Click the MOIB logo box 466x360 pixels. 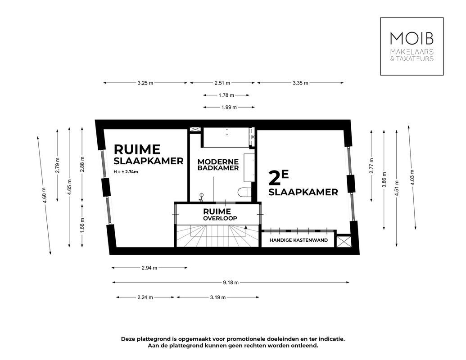click(x=412, y=46)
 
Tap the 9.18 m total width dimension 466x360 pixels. click(x=231, y=283)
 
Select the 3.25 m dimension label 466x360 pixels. click(x=145, y=83)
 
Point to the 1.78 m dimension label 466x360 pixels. click(x=226, y=95)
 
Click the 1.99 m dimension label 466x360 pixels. click(x=229, y=108)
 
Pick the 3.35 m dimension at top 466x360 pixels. click(x=300, y=83)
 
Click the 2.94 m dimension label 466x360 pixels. click(x=149, y=268)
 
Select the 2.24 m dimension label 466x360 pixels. click(x=145, y=297)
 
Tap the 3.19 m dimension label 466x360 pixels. click(x=217, y=297)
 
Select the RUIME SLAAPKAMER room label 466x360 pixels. click(x=148, y=154)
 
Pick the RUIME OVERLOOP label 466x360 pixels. click(x=217, y=214)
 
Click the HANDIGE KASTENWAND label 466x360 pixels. click(x=298, y=241)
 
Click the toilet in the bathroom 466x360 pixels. click(x=244, y=191)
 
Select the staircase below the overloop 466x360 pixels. click(x=217, y=236)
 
